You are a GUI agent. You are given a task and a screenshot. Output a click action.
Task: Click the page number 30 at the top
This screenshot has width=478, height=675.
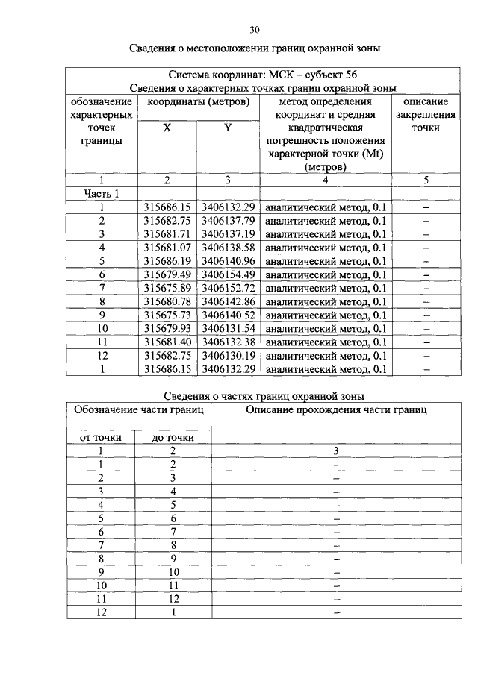click(x=254, y=30)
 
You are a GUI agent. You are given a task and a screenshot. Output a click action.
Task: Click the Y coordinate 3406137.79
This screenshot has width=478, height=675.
click(x=228, y=221)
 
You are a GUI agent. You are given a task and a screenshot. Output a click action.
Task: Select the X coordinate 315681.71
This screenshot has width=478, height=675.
click(x=167, y=234)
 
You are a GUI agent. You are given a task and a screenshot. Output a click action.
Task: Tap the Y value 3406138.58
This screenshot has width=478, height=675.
click(x=228, y=248)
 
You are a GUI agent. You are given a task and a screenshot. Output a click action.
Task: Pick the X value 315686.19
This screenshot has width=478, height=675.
click(x=167, y=261)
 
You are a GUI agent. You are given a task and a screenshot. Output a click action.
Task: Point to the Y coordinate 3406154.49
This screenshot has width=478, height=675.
click(x=228, y=274)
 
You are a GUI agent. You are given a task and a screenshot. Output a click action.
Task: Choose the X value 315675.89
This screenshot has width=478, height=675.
click(x=167, y=288)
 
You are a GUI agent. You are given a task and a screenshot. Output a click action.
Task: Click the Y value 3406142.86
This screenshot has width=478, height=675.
click(x=228, y=301)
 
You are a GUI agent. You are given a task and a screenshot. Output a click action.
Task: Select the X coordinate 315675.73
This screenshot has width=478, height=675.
click(x=167, y=315)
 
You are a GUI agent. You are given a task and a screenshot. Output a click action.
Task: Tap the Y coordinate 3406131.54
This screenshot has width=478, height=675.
click(x=228, y=328)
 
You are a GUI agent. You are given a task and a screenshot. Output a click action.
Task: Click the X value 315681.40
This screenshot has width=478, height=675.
click(x=167, y=342)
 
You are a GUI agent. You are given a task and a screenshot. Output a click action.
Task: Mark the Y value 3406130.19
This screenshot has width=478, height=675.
click(x=228, y=355)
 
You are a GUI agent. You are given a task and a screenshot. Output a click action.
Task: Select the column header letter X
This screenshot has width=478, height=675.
click(x=167, y=128)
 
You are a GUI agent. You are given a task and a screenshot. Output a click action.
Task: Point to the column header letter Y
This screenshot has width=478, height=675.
click(x=228, y=128)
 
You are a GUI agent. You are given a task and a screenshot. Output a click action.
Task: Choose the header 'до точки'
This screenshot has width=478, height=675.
click(x=173, y=437)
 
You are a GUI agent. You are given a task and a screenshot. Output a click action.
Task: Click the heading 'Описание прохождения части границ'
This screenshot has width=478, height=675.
click(x=336, y=410)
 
